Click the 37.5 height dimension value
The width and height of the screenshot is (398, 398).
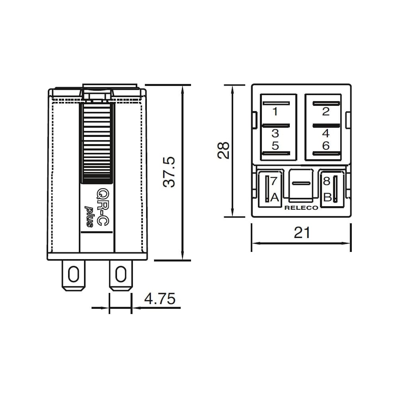pos(169,172)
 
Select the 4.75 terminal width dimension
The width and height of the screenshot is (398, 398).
pos(160,298)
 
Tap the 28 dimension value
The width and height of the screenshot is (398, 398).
pos(223,150)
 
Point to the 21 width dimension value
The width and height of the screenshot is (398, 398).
pos(302,232)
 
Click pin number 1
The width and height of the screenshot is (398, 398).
pos(275,111)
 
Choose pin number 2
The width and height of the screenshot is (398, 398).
pos(326,111)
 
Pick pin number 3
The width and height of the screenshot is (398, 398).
pos(275,133)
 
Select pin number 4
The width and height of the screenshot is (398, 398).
pos(326,133)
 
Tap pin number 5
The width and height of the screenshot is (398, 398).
pos(275,146)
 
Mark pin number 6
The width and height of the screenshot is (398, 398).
pos(326,146)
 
